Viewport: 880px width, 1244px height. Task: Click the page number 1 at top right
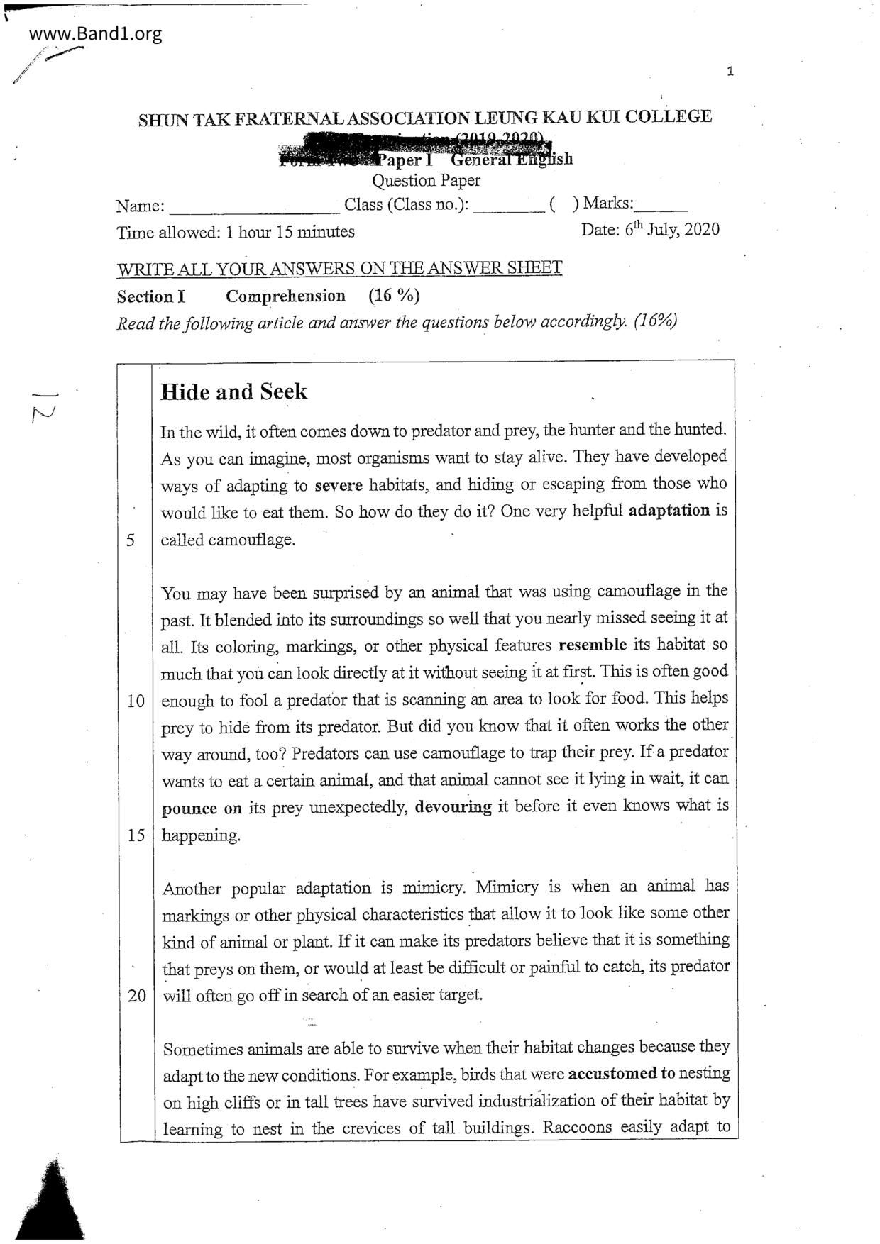(730, 71)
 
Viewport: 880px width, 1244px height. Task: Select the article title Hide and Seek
(234, 391)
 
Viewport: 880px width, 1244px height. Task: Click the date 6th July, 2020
(650, 230)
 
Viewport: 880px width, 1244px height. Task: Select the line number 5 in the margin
(131, 540)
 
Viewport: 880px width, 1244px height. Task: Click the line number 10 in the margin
(136, 701)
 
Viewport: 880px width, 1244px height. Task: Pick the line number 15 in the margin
(136, 835)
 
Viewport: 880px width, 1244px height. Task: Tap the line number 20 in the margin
(136, 995)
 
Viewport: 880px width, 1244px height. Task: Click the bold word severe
(339, 485)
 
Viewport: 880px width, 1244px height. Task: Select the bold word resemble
(593, 645)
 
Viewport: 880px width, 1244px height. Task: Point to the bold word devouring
(453, 806)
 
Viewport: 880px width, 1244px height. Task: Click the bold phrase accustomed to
(622, 1073)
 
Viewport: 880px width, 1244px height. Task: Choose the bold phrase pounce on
(202, 809)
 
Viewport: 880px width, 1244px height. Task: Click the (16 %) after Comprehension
(394, 296)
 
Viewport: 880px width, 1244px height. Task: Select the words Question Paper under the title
(426, 181)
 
